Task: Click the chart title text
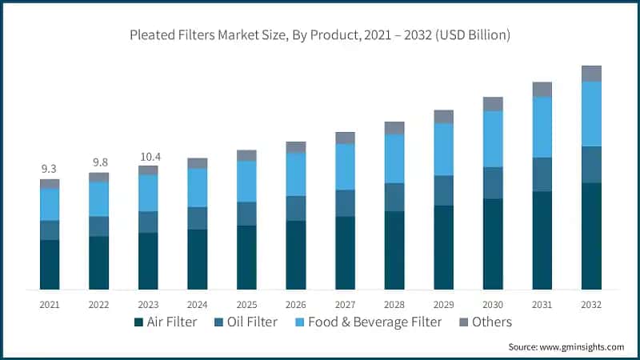(x=320, y=36)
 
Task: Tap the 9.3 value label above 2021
(x=50, y=169)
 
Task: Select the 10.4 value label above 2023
(x=148, y=155)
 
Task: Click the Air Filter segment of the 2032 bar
(x=591, y=236)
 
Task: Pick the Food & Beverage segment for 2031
(x=542, y=127)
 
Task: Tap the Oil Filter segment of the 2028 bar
(x=394, y=197)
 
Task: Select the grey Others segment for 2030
(x=493, y=104)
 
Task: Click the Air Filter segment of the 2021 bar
(x=50, y=264)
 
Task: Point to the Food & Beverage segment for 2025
(x=246, y=182)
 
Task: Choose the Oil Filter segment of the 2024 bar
(x=197, y=218)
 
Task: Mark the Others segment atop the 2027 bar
(x=345, y=138)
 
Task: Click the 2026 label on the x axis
(x=296, y=305)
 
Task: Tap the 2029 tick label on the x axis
(x=443, y=305)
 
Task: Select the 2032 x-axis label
(x=591, y=305)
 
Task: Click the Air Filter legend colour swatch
(x=139, y=322)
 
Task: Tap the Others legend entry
(x=489, y=322)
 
